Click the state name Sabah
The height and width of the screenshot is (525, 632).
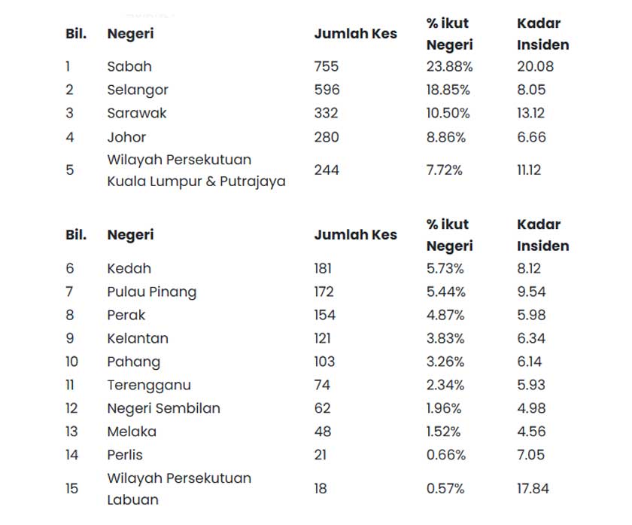coord(129,66)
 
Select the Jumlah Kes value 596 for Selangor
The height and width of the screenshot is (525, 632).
coord(327,90)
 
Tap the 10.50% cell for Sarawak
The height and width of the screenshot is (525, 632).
coord(448,113)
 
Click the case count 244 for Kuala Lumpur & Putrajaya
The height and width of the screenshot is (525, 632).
coord(327,170)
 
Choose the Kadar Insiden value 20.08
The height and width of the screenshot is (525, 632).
coord(535,66)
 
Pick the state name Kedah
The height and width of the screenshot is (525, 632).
coord(129,268)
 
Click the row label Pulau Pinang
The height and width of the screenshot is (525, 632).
coord(151,291)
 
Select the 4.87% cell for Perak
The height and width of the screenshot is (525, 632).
coord(445,315)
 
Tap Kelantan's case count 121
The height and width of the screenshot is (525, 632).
coord(323,338)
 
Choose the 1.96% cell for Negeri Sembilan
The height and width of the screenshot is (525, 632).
coord(445,408)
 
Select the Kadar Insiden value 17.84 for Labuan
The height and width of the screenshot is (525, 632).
coord(533,489)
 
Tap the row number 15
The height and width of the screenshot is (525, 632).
coord(71,489)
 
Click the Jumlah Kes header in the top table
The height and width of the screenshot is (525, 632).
coord(355,34)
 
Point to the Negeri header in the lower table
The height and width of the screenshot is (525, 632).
coord(130,235)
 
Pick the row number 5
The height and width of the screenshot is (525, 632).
coord(70,170)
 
